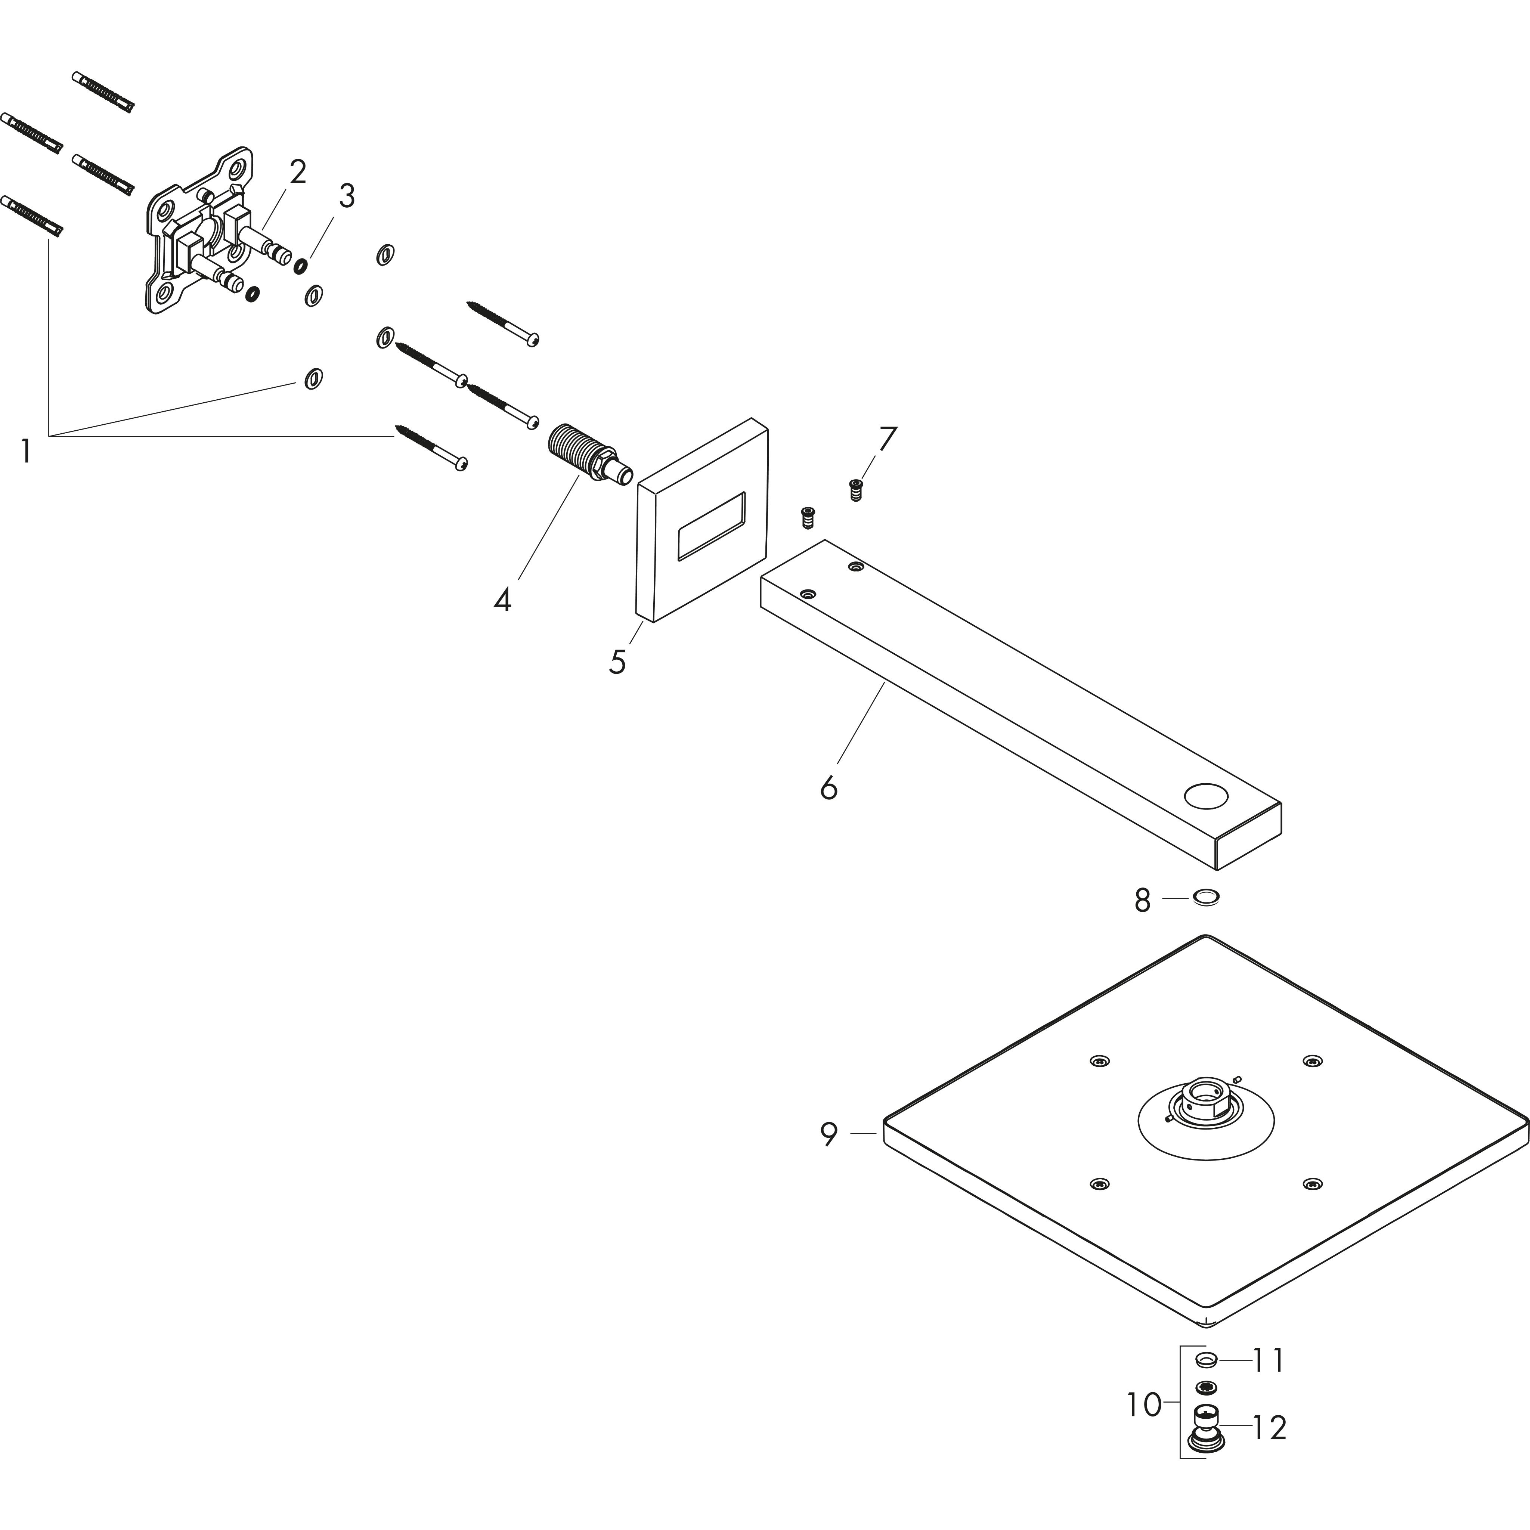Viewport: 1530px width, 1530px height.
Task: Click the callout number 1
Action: (26, 451)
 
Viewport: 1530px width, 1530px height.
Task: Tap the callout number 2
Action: (298, 172)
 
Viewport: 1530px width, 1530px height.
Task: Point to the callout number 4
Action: (502, 600)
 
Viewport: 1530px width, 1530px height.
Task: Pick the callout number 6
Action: (829, 788)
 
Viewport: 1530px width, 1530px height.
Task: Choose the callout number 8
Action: (1142, 901)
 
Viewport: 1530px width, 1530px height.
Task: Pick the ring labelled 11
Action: (1205, 1360)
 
